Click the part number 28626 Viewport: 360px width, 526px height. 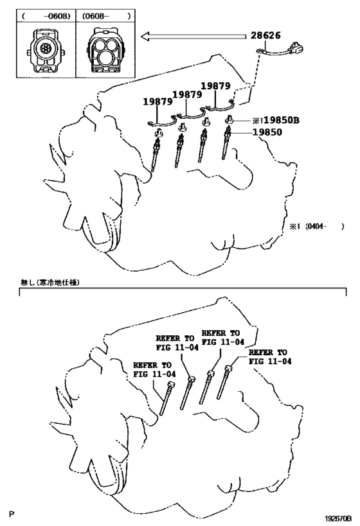[x=265, y=35]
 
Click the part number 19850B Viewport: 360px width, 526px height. [x=282, y=120]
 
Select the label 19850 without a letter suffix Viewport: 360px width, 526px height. [x=267, y=132]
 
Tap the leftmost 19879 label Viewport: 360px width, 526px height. [x=158, y=101]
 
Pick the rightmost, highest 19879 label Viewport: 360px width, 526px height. [x=215, y=86]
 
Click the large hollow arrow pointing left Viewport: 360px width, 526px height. [x=194, y=36]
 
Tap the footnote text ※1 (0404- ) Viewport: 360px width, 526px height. [x=317, y=227]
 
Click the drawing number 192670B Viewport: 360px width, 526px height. [x=337, y=519]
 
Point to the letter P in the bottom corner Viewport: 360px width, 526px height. [x=12, y=514]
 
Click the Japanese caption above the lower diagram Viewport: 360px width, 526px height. [x=50, y=283]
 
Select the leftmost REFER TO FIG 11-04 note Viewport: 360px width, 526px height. [x=154, y=369]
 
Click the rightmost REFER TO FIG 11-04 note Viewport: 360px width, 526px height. [x=270, y=356]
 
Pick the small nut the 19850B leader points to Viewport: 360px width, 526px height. [x=230, y=119]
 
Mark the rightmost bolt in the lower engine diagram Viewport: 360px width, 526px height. [x=224, y=382]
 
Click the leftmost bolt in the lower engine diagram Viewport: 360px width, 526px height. [x=166, y=399]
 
